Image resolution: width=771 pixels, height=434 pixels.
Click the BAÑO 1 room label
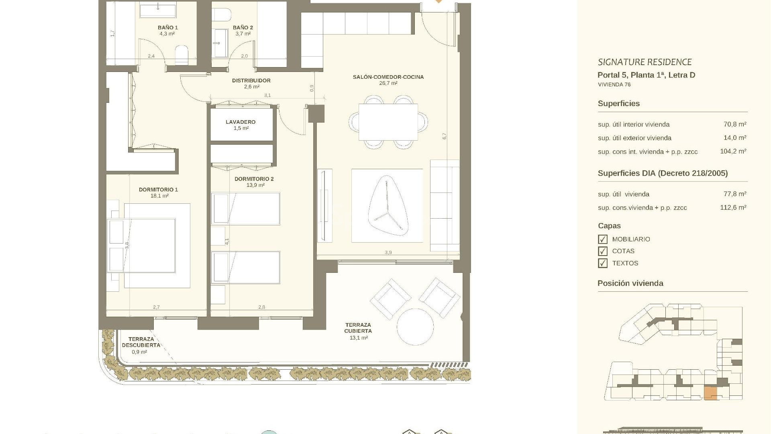168,28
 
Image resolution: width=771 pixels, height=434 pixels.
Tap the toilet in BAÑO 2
222,15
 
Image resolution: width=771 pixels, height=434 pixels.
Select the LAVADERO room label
241,122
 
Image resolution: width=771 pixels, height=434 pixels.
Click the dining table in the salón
388,122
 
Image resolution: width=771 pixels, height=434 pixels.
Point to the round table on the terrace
415,327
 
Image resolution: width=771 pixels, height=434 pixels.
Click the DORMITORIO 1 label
158,190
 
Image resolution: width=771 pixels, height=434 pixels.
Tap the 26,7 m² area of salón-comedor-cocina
388,83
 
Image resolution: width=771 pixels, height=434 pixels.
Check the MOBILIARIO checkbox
603,240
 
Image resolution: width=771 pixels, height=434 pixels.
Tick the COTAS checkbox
603,252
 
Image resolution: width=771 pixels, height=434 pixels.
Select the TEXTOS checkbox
603,264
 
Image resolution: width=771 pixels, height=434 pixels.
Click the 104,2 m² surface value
733,151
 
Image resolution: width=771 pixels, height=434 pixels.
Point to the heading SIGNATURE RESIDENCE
645,62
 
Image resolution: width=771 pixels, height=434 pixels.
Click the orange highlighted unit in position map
711,393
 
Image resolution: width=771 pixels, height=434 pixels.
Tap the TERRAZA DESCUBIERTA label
141,342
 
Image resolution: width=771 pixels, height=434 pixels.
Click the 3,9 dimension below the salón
388,252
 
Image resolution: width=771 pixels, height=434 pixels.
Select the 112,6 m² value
733,207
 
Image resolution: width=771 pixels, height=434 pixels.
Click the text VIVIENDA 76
614,84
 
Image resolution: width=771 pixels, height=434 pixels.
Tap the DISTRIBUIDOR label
251,80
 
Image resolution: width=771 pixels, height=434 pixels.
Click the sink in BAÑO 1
158,10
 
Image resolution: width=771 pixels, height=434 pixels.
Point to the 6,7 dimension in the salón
445,136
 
